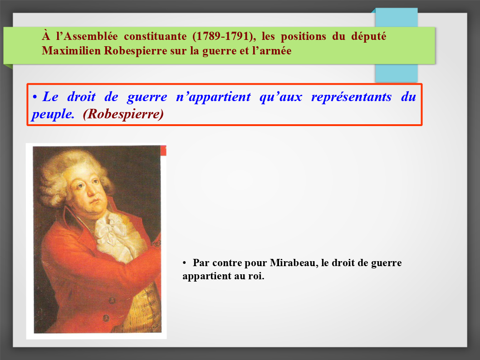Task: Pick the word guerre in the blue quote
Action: click(147, 97)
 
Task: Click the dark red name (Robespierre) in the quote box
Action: click(123, 114)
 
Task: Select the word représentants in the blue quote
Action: click(352, 97)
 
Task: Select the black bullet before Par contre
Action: click(184, 263)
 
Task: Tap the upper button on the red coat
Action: click(112, 300)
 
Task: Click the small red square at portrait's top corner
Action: click(163, 151)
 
